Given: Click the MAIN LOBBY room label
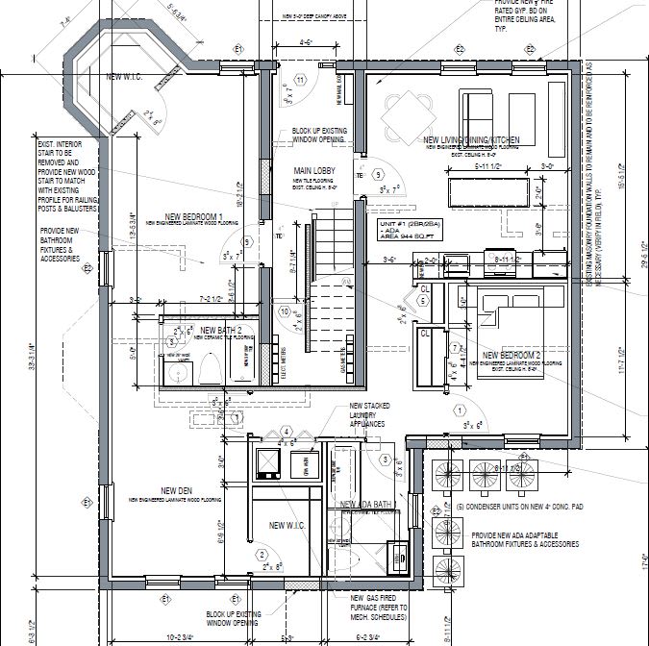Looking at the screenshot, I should coord(314,170).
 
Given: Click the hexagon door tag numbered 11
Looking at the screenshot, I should coord(300,79).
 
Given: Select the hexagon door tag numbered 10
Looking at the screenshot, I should coord(285,311).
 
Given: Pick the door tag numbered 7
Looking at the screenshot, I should coord(453,346).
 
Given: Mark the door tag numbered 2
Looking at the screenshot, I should coord(261,555).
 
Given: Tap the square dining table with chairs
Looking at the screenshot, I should coord(402,116).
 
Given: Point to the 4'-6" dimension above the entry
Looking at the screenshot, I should coord(306,43).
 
